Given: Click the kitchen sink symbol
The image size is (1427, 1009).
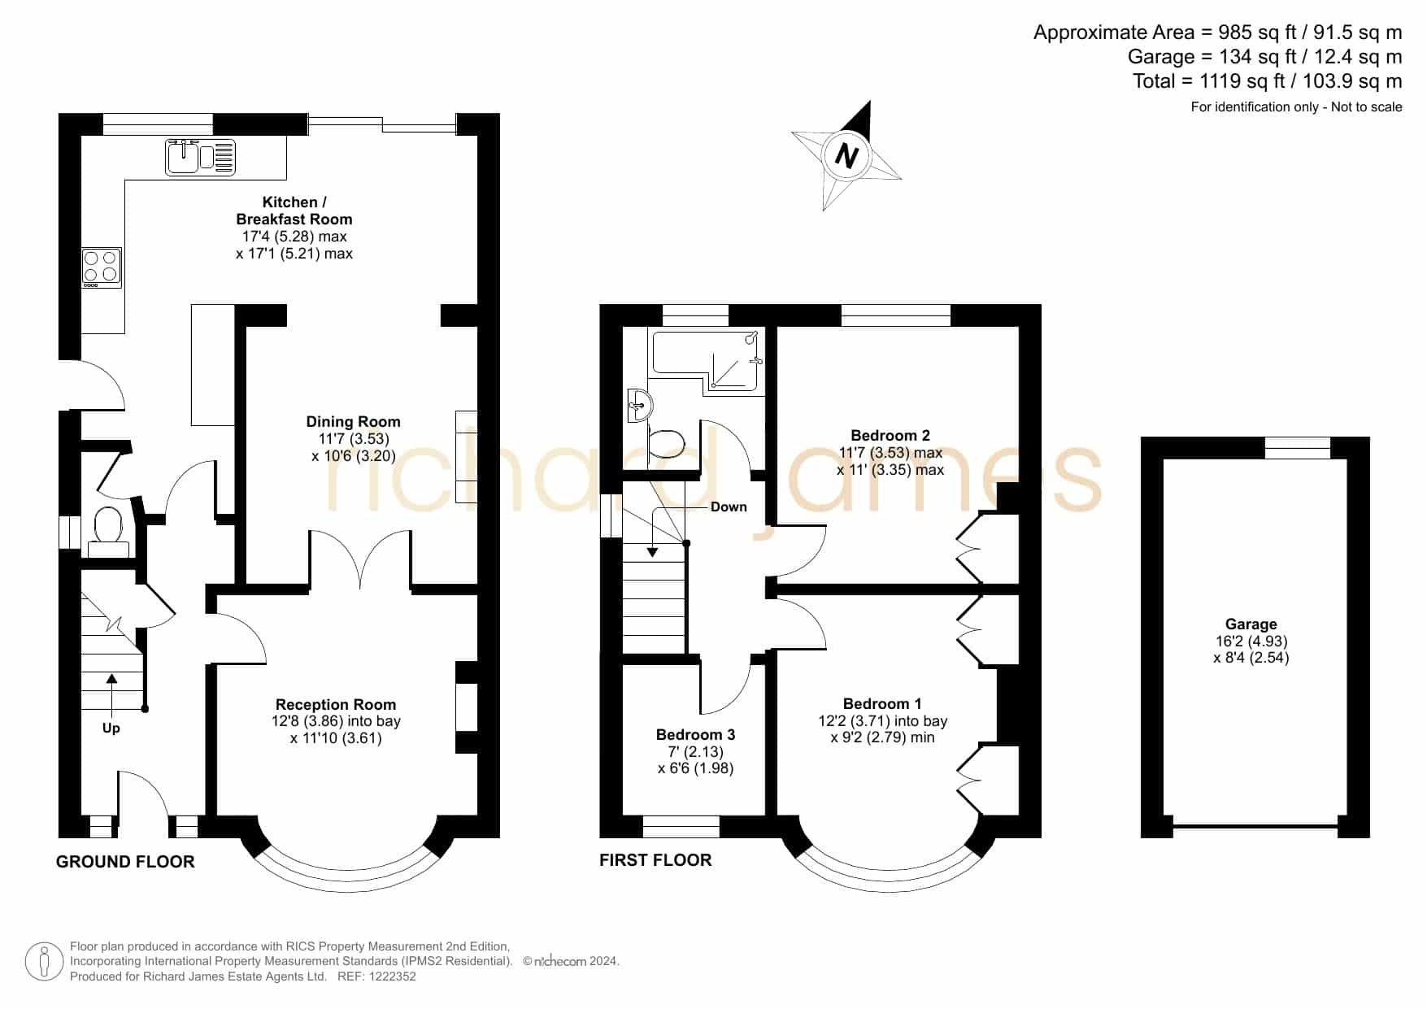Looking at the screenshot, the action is click(x=201, y=157).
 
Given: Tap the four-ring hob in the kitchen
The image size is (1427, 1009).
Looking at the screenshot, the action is click(x=102, y=267).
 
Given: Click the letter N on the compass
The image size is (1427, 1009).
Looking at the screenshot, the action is click(x=846, y=154).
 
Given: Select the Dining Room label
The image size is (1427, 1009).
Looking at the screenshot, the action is click(x=353, y=421).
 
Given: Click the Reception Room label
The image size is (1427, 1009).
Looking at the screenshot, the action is click(x=336, y=704).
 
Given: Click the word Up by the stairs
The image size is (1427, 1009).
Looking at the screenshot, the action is click(x=111, y=728).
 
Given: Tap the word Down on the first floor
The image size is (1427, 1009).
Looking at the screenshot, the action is click(x=729, y=507).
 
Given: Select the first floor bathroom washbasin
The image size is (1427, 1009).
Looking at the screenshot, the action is click(x=639, y=404).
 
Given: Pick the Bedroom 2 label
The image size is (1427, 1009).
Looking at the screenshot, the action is click(x=890, y=435).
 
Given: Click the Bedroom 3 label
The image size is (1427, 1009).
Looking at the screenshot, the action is click(x=696, y=734).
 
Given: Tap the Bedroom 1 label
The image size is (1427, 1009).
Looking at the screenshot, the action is click(x=882, y=703).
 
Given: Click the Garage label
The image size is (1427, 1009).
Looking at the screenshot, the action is click(x=1251, y=624).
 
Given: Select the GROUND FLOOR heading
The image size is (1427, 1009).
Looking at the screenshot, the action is click(x=125, y=862).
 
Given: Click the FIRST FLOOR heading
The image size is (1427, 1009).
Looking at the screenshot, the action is click(x=655, y=860).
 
